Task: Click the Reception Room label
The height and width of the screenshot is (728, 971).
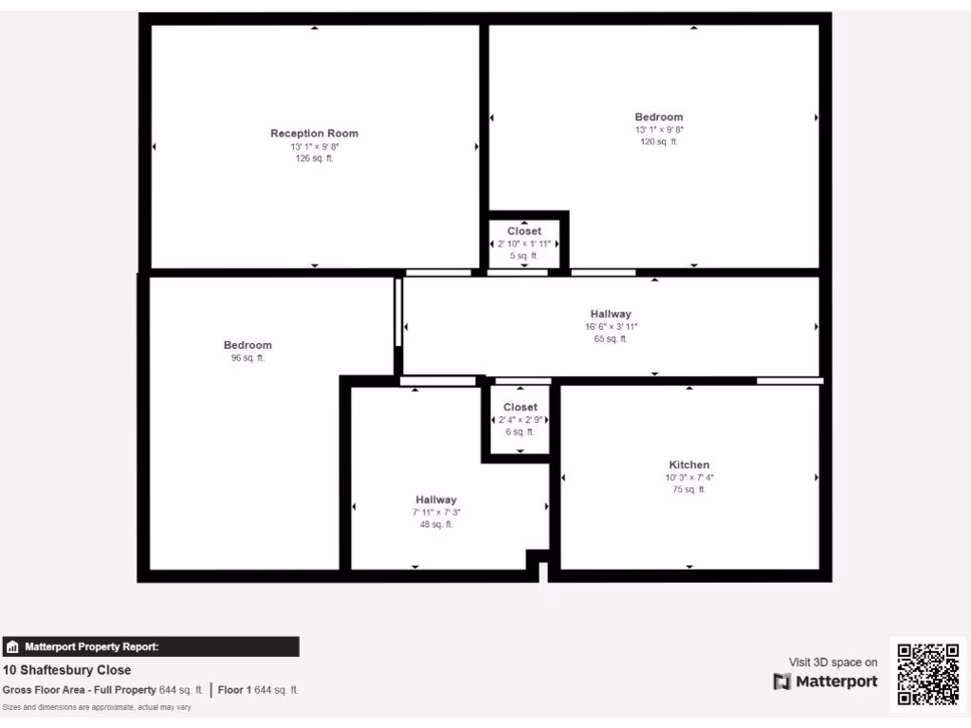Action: click(x=314, y=134)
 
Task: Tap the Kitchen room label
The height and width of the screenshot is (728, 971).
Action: click(x=688, y=464)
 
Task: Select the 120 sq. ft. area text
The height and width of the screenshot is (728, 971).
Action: click(x=659, y=141)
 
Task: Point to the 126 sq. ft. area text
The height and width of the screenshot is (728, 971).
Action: click(x=314, y=158)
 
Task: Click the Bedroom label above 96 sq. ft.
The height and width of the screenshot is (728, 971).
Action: click(x=247, y=345)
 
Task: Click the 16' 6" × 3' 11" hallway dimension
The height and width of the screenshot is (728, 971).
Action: click(x=611, y=326)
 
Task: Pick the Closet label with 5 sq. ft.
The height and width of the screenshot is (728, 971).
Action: click(x=524, y=231)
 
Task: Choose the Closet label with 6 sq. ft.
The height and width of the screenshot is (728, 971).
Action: click(x=520, y=407)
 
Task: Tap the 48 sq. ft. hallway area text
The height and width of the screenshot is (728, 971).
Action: click(x=436, y=524)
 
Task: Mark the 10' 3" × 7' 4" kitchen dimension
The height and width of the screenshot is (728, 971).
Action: click(x=688, y=478)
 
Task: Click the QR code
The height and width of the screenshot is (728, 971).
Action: click(x=928, y=674)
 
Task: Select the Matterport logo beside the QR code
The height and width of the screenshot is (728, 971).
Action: click(x=825, y=682)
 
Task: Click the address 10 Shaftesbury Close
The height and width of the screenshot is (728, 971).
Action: click(x=67, y=670)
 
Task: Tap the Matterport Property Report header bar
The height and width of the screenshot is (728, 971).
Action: click(x=151, y=646)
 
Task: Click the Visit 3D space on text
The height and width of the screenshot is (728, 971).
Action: click(x=833, y=662)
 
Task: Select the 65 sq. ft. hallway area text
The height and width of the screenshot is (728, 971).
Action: click(x=611, y=338)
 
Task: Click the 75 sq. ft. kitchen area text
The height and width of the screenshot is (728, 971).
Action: click(x=688, y=490)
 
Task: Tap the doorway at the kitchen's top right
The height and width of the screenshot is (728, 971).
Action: click(x=789, y=380)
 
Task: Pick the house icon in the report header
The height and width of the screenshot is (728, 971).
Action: click(x=13, y=647)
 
